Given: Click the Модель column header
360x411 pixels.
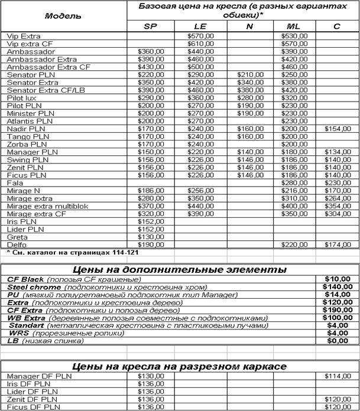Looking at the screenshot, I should [x=63, y=16].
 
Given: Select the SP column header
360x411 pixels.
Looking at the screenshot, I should [x=151, y=27].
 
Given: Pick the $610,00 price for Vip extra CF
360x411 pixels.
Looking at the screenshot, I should [x=200, y=44].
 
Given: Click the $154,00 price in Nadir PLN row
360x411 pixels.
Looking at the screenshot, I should [x=338, y=129].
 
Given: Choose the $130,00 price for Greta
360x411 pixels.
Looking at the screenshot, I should [x=151, y=237].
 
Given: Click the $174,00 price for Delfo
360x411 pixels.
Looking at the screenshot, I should [x=338, y=244].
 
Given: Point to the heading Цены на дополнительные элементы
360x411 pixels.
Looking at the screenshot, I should [x=180, y=270].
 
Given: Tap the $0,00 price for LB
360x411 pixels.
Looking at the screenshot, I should [x=338, y=341].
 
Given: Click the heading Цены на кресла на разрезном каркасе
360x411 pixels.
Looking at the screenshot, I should [x=180, y=367].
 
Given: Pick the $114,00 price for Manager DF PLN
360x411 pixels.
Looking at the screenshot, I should [x=338, y=376].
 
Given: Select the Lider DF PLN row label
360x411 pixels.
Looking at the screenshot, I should [x=32, y=392].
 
